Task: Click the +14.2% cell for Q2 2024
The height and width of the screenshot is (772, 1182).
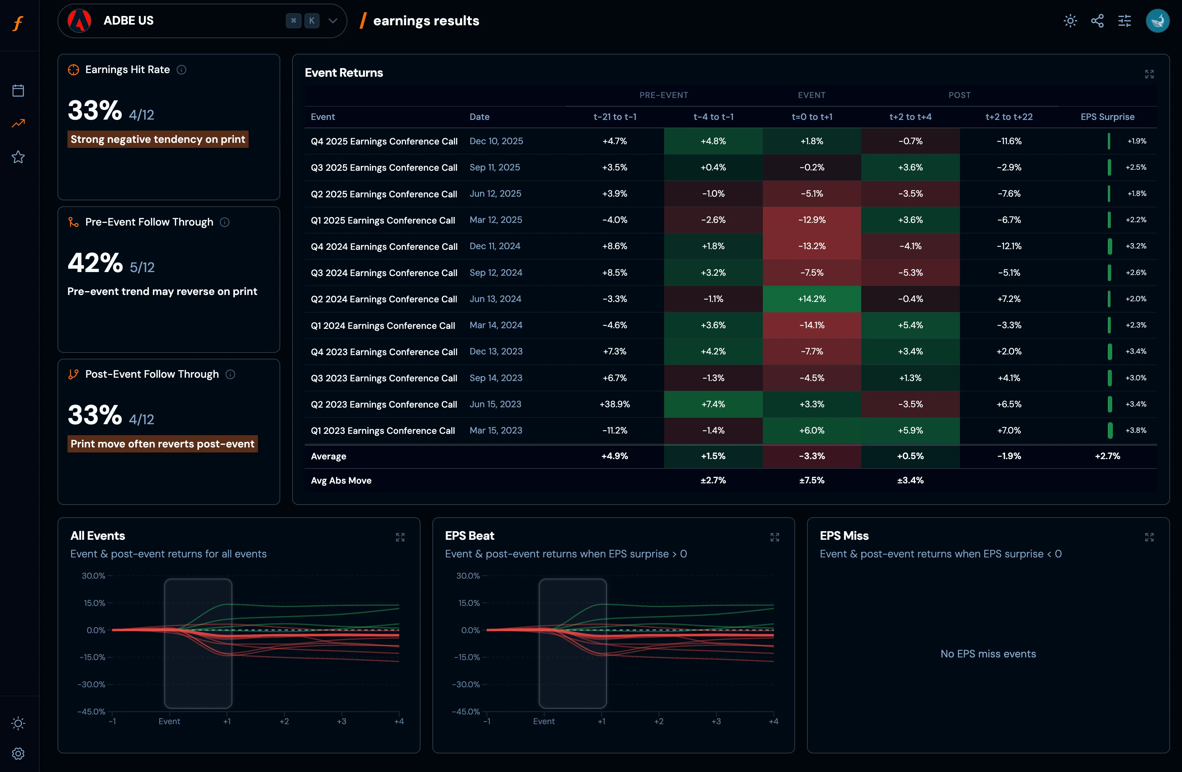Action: [811, 299]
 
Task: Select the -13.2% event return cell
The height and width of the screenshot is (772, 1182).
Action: [811, 246]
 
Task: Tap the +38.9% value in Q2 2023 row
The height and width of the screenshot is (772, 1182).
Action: [614, 404]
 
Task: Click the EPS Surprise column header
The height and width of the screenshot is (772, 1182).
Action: [1107, 117]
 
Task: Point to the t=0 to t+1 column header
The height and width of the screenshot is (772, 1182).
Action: [811, 117]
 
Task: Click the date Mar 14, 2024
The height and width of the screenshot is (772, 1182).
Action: [496, 325]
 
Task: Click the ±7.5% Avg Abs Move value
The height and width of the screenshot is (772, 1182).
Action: [811, 480]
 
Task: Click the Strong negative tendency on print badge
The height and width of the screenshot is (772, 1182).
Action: [158, 139]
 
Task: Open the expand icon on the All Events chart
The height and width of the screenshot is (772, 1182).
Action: [400, 537]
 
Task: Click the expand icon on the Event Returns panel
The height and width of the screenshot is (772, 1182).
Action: [1149, 74]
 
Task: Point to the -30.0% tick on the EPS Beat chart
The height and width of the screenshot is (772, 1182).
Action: [467, 684]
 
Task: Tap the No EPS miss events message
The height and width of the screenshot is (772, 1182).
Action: [988, 654]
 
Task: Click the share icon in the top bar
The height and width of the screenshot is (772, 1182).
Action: [1097, 21]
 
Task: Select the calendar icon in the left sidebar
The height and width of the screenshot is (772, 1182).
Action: [18, 90]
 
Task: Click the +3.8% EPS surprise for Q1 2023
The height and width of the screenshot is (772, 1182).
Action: [1136, 431]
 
